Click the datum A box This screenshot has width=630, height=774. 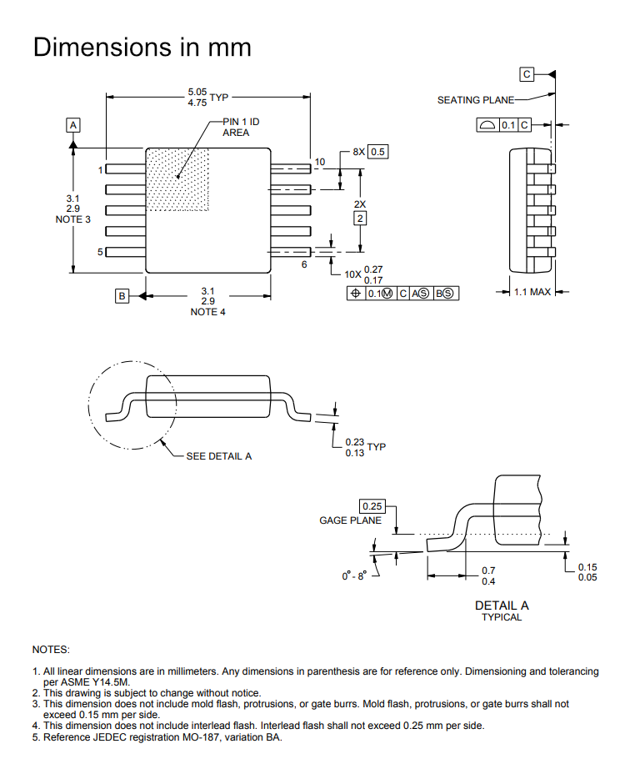click(73, 125)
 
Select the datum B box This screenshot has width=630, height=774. click(122, 296)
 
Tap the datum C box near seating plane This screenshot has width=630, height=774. click(527, 74)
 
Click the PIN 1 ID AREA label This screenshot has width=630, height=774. click(241, 127)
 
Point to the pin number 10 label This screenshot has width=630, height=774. click(320, 162)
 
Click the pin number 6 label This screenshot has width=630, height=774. click(304, 264)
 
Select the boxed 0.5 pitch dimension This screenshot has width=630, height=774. click(377, 152)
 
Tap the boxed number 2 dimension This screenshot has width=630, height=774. click(360, 219)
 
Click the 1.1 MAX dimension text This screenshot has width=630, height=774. click(532, 292)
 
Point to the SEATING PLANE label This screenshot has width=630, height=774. click(476, 100)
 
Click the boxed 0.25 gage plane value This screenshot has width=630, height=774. click(372, 506)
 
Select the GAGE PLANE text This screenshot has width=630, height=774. click(350, 520)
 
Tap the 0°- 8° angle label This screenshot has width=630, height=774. click(355, 575)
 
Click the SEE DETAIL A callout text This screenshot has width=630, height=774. click(219, 456)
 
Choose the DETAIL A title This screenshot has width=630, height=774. click(502, 606)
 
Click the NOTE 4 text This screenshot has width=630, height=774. click(207, 312)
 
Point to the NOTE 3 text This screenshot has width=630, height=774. click(73, 219)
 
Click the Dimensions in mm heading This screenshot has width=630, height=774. click(142, 48)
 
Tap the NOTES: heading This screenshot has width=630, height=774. click(51, 650)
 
